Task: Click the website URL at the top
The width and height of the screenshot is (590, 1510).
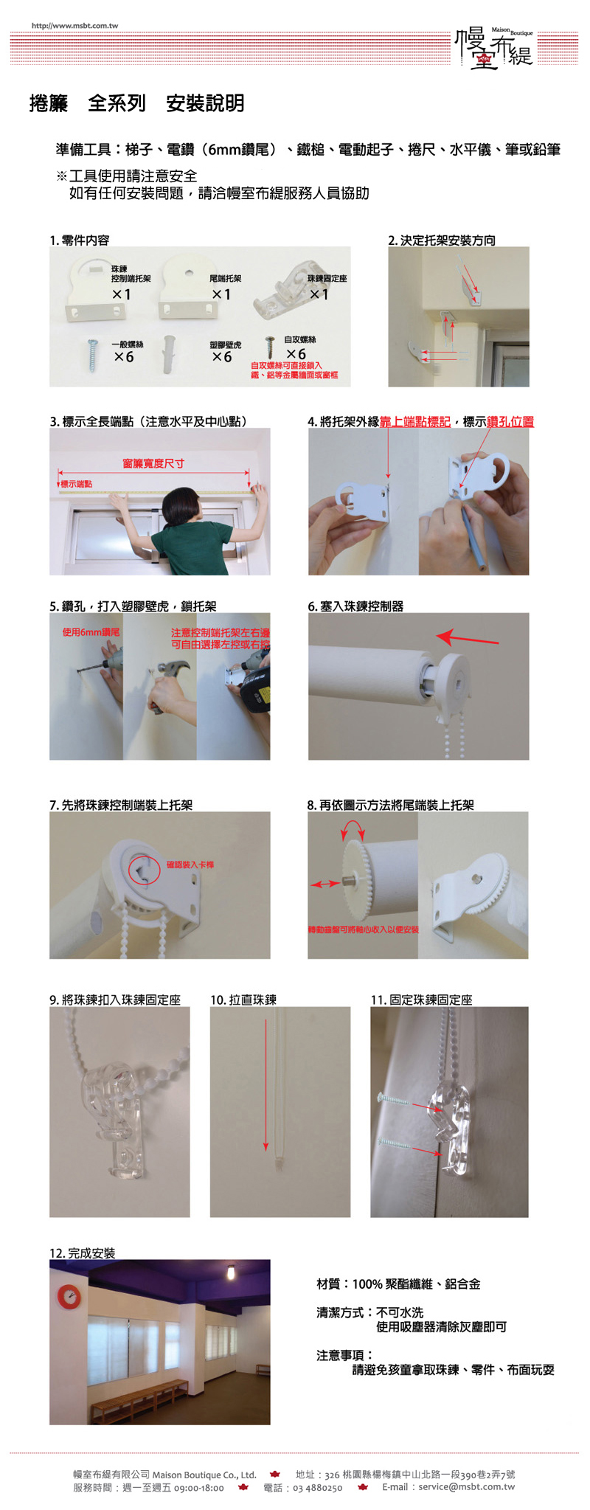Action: (x=74, y=26)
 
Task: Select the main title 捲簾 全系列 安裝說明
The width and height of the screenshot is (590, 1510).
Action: (x=136, y=103)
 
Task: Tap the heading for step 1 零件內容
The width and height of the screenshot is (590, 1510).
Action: (x=80, y=240)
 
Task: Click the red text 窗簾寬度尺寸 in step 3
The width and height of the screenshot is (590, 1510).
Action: (x=153, y=463)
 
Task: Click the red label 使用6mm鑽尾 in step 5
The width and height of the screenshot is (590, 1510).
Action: (x=91, y=632)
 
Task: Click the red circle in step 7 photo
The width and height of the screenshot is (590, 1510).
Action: (x=145, y=869)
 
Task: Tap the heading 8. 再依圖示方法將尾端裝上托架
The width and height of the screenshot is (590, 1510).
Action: (x=391, y=805)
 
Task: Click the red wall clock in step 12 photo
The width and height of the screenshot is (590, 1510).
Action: (x=69, y=1296)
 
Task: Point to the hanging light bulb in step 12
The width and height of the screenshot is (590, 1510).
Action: (x=232, y=1272)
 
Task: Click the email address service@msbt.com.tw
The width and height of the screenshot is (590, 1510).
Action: (x=466, y=1486)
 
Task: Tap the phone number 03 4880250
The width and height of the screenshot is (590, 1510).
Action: (x=317, y=1488)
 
